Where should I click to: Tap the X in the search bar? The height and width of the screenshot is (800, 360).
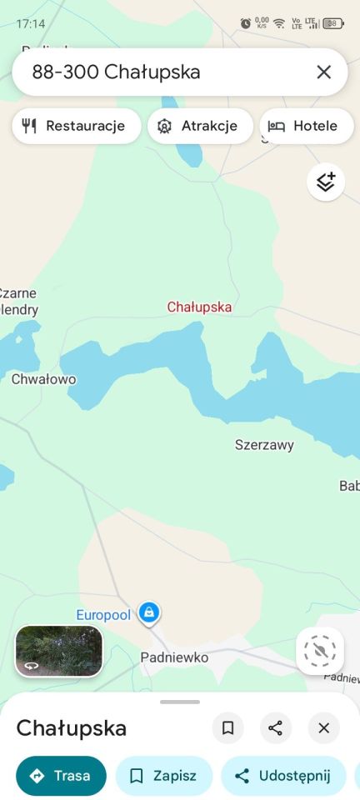coord(324,72)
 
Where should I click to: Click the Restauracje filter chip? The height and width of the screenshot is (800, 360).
coord(76,126)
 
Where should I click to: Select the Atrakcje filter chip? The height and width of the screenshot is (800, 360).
coord(200,126)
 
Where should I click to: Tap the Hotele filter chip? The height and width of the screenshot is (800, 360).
coord(306,126)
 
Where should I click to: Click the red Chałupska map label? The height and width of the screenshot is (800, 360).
coord(199,307)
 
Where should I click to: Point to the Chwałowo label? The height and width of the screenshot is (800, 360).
coord(43,379)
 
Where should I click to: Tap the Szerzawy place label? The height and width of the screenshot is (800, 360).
coord(264,445)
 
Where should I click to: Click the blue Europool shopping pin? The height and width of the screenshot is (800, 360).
coord(149,613)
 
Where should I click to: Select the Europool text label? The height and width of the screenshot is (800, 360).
coord(103,615)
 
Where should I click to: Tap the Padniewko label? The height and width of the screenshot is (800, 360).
coord(174,657)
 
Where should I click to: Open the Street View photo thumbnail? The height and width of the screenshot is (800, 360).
coord(59,651)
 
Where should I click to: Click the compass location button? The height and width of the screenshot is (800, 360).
coord(320,651)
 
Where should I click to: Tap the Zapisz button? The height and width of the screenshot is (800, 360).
coord(164,776)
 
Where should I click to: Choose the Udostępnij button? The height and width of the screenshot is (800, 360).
coord(283,776)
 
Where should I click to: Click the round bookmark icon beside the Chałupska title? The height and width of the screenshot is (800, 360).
coord(227,728)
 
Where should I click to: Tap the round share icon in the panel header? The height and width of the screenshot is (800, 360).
coord(276,728)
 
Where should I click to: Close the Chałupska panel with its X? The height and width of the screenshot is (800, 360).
coord(324,728)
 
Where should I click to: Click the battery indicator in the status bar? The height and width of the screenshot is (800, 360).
coord(333,23)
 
